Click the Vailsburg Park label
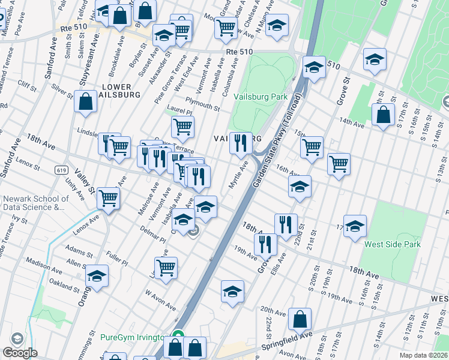[265, 97]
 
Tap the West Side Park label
[393, 244]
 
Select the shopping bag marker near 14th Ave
[383, 115]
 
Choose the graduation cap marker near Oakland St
[95, 276]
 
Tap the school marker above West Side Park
[355, 226]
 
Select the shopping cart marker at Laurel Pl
[182, 126]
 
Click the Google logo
[20, 353]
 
